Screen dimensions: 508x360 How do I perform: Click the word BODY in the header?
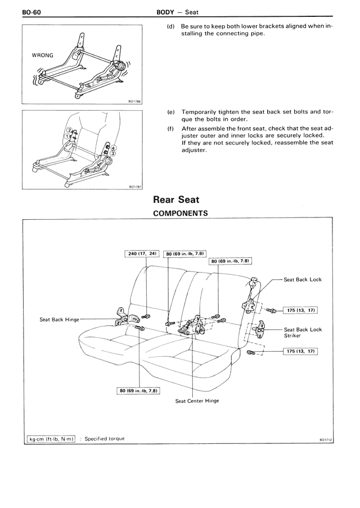(x=167, y=11)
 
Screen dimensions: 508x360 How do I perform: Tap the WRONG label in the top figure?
(x=43, y=56)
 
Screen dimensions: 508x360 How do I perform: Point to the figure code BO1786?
(x=135, y=102)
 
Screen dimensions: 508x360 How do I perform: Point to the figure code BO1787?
(x=135, y=187)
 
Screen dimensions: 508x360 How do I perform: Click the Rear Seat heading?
(x=176, y=199)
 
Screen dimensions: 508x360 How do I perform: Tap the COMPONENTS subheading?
(x=180, y=213)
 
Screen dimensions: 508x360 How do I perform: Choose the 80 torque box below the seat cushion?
(x=137, y=390)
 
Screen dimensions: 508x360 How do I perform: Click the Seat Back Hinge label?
(x=60, y=320)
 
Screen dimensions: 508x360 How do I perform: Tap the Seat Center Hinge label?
(x=197, y=401)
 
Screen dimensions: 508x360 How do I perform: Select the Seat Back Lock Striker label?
(x=303, y=333)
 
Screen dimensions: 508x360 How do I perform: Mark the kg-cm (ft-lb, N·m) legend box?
(x=51, y=438)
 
